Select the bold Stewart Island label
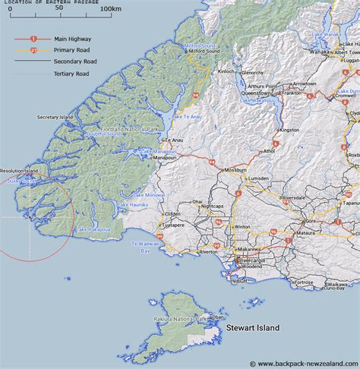(252, 328)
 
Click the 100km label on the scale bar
(111, 8)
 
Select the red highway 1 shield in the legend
(33, 38)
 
